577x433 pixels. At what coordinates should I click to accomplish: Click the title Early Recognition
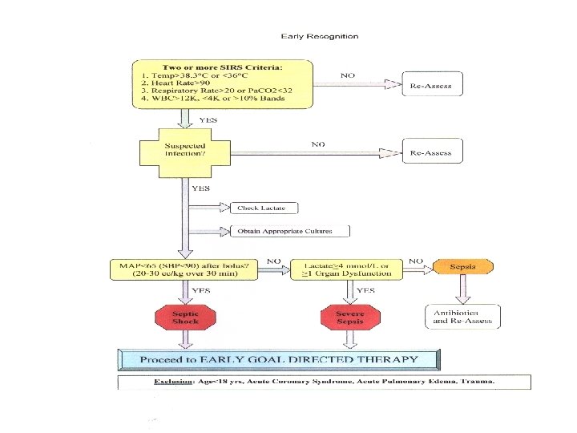pos(320,36)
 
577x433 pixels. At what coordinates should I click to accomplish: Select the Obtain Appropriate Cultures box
pos(292,231)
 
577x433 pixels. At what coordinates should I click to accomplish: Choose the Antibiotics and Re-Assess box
pos(462,317)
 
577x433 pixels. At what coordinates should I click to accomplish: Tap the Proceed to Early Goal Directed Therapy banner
pos(279,359)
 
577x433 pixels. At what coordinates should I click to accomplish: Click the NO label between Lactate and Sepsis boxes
pos(416,261)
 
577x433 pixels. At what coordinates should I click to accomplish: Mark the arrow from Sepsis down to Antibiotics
pos(462,289)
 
